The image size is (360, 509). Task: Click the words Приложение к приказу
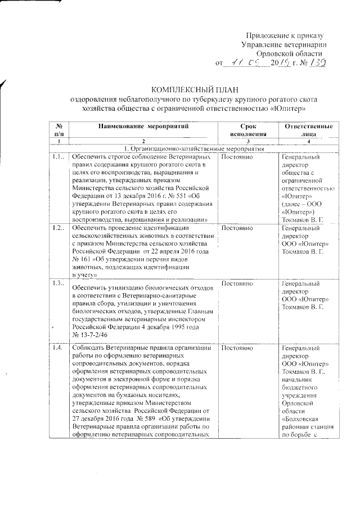pyautogui.click(x=285, y=35)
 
